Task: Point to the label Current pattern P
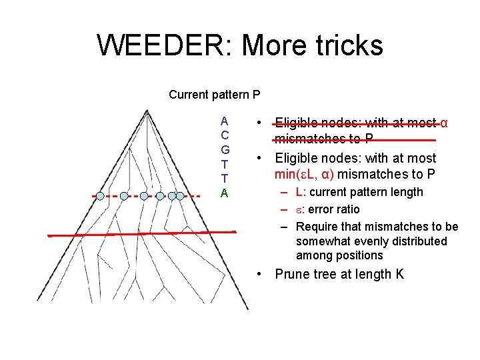point(214,95)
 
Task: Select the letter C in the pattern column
point(225,135)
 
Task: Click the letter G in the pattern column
point(225,150)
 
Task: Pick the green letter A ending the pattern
point(225,193)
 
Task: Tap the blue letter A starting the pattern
point(225,121)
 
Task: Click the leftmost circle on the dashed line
point(100,196)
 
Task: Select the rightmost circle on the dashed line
point(180,196)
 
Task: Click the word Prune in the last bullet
point(293,274)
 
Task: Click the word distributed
point(419,241)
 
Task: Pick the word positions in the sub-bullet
point(360,255)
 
